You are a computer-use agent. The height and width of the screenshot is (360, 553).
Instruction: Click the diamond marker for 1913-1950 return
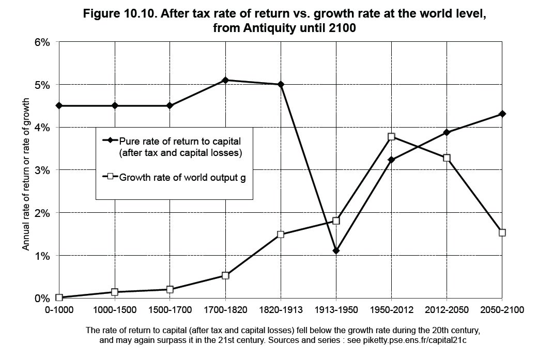coord(336,251)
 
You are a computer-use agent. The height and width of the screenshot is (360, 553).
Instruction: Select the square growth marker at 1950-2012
coord(391,136)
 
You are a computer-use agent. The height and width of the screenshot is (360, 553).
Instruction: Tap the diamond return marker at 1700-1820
coord(225,80)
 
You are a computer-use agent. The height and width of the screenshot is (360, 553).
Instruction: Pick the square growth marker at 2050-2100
coord(502,233)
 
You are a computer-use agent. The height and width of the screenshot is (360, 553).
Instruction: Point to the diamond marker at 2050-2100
coord(502,114)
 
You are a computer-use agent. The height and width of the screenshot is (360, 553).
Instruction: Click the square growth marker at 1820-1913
coord(281,234)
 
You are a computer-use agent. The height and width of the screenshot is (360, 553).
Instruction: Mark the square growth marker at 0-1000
coord(59,298)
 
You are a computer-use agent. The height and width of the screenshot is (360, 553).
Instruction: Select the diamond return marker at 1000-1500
coord(115,105)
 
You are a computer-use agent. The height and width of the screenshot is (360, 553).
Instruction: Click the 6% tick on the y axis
coord(42,42)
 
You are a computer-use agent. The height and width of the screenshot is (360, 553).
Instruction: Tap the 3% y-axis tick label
coord(42,170)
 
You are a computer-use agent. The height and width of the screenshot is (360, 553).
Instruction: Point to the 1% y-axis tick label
coord(42,256)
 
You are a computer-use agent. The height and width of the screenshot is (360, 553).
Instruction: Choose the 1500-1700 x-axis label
coord(170,310)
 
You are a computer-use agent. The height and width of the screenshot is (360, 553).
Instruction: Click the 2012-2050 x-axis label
coord(447,310)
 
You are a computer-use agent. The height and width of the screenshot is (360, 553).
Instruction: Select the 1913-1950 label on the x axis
coord(336,310)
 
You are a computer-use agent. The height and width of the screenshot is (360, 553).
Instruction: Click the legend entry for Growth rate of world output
coord(174,177)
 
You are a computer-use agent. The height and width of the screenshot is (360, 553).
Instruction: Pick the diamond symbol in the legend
coord(110,140)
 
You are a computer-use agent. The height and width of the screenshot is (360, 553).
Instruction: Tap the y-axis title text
coord(26,174)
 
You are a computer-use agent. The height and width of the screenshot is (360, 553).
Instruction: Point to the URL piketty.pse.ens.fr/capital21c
coord(414,340)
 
